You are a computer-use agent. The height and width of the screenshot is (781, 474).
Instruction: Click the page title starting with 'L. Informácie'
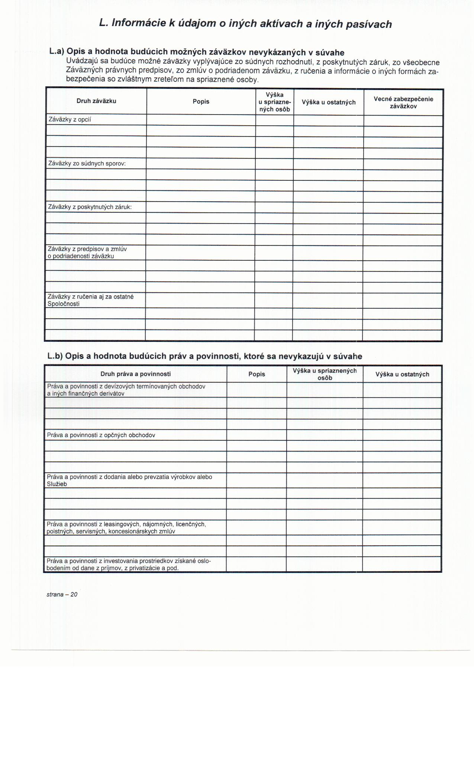[x=245, y=24]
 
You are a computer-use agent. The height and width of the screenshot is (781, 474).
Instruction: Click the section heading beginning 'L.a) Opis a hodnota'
[x=197, y=52]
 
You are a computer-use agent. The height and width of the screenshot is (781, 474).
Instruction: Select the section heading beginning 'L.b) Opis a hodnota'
[x=205, y=356]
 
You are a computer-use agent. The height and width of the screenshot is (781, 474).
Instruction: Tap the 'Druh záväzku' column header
[x=96, y=101]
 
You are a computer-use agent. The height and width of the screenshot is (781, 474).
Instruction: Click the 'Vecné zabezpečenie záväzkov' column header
[x=403, y=102]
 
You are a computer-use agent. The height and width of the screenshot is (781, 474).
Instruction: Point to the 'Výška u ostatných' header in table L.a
[x=329, y=102]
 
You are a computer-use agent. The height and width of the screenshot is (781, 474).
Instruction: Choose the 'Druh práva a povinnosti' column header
[x=136, y=374]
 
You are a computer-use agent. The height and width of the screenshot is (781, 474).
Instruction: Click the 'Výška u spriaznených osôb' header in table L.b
[x=325, y=374]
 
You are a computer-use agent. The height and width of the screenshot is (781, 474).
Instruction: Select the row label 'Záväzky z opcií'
[x=70, y=119]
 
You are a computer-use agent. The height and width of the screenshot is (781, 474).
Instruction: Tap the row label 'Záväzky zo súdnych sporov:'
[x=87, y=163]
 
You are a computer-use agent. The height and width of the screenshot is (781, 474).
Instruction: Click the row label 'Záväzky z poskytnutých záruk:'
[x=90, y=207]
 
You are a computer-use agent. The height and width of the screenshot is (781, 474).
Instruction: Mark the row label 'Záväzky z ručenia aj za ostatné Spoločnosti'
[x=90, y=300]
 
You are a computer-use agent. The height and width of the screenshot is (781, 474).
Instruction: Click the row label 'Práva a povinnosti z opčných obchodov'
[x=101, y=435]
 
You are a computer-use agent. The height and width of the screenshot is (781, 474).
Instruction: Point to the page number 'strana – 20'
[x=62, y=594]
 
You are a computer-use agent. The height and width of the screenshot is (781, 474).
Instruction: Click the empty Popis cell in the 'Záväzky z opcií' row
[x=201, y=120]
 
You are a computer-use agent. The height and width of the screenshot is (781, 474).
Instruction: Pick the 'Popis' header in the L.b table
[x=257, y=374]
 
